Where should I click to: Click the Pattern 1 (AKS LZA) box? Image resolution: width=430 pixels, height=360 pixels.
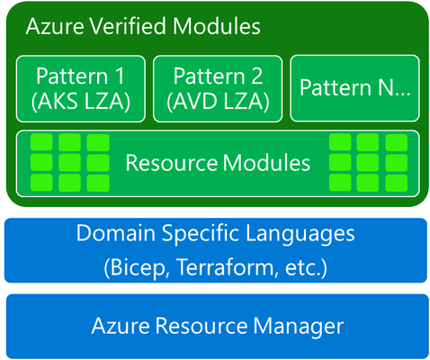81,89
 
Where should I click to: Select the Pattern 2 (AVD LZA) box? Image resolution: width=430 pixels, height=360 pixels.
218,89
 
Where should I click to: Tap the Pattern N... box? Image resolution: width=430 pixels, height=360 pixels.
354,88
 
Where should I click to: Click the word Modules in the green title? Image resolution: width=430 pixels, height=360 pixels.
217,26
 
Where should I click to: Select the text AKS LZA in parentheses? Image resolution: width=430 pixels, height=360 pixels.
81,102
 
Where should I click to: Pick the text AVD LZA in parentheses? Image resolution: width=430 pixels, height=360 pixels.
218,102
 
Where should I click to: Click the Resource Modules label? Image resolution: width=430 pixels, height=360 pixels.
218,163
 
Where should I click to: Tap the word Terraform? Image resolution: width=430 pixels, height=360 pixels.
226,266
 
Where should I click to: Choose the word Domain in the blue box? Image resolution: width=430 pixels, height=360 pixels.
116,233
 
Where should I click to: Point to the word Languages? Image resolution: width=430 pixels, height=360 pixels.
300,234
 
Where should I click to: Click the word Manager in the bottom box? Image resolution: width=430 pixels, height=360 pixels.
299,327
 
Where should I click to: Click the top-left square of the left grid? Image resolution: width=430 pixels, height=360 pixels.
41,142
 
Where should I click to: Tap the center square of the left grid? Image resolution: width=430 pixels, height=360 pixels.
69,163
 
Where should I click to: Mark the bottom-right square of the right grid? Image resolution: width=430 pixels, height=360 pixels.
397,183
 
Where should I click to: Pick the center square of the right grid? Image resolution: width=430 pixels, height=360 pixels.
368,162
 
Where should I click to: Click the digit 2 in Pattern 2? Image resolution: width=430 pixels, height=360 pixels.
256,76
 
